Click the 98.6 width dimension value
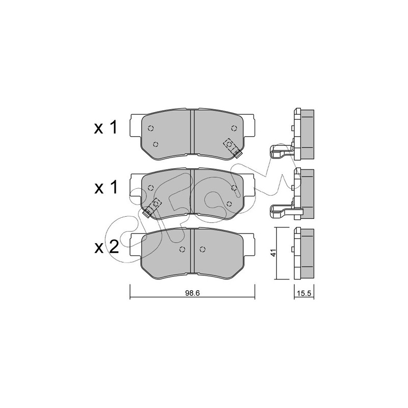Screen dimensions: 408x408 192,293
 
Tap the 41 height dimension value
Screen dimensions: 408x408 273,253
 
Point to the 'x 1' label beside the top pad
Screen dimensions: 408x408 106,127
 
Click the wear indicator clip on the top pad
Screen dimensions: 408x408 233,147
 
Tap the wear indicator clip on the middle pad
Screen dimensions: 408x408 152,208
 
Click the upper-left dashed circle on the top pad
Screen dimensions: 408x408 150,128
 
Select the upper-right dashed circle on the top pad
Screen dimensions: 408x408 234,128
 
